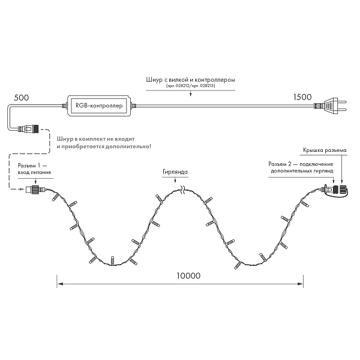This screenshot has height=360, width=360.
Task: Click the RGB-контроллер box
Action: point(99,106)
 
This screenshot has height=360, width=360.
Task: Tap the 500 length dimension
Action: point(22,98)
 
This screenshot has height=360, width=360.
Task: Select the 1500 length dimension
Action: point(302,97)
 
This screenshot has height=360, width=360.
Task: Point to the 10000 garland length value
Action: point(188,275)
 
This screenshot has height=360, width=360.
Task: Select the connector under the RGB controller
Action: point(28,128)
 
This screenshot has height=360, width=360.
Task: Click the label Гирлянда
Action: point(175,172)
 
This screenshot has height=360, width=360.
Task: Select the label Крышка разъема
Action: point(325,150)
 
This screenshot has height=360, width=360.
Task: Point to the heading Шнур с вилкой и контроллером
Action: point(191,80)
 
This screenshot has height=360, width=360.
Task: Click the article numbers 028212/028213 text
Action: point(191,86)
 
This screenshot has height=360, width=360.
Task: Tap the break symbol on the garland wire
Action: point(183,190)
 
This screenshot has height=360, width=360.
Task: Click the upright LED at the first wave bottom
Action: point(113,260)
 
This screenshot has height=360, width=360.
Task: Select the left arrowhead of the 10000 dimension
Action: point(60,284)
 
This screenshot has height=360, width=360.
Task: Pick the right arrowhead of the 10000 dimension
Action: point(300,284)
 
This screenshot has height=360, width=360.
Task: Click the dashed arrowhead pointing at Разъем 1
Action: point(22,189)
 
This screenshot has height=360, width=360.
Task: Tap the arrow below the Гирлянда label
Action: point(175,180)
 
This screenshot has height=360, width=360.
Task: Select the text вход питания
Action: point(34,172)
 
